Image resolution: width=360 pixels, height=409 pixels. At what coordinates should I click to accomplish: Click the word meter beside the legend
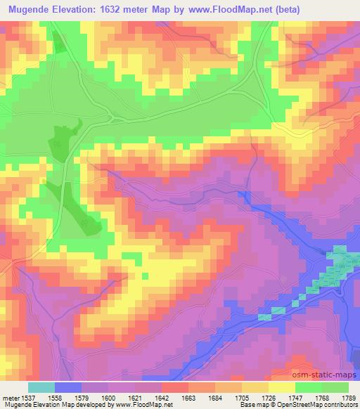[10, 397]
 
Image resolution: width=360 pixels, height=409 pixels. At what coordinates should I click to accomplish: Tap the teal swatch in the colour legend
[41, 387]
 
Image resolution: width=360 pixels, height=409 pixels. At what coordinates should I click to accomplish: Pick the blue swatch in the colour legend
[68, 387]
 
